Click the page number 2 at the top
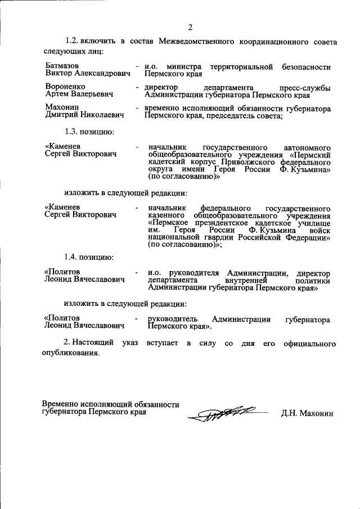190,28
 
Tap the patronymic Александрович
99,74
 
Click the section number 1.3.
74,132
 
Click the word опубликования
71,353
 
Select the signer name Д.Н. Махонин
307,413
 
